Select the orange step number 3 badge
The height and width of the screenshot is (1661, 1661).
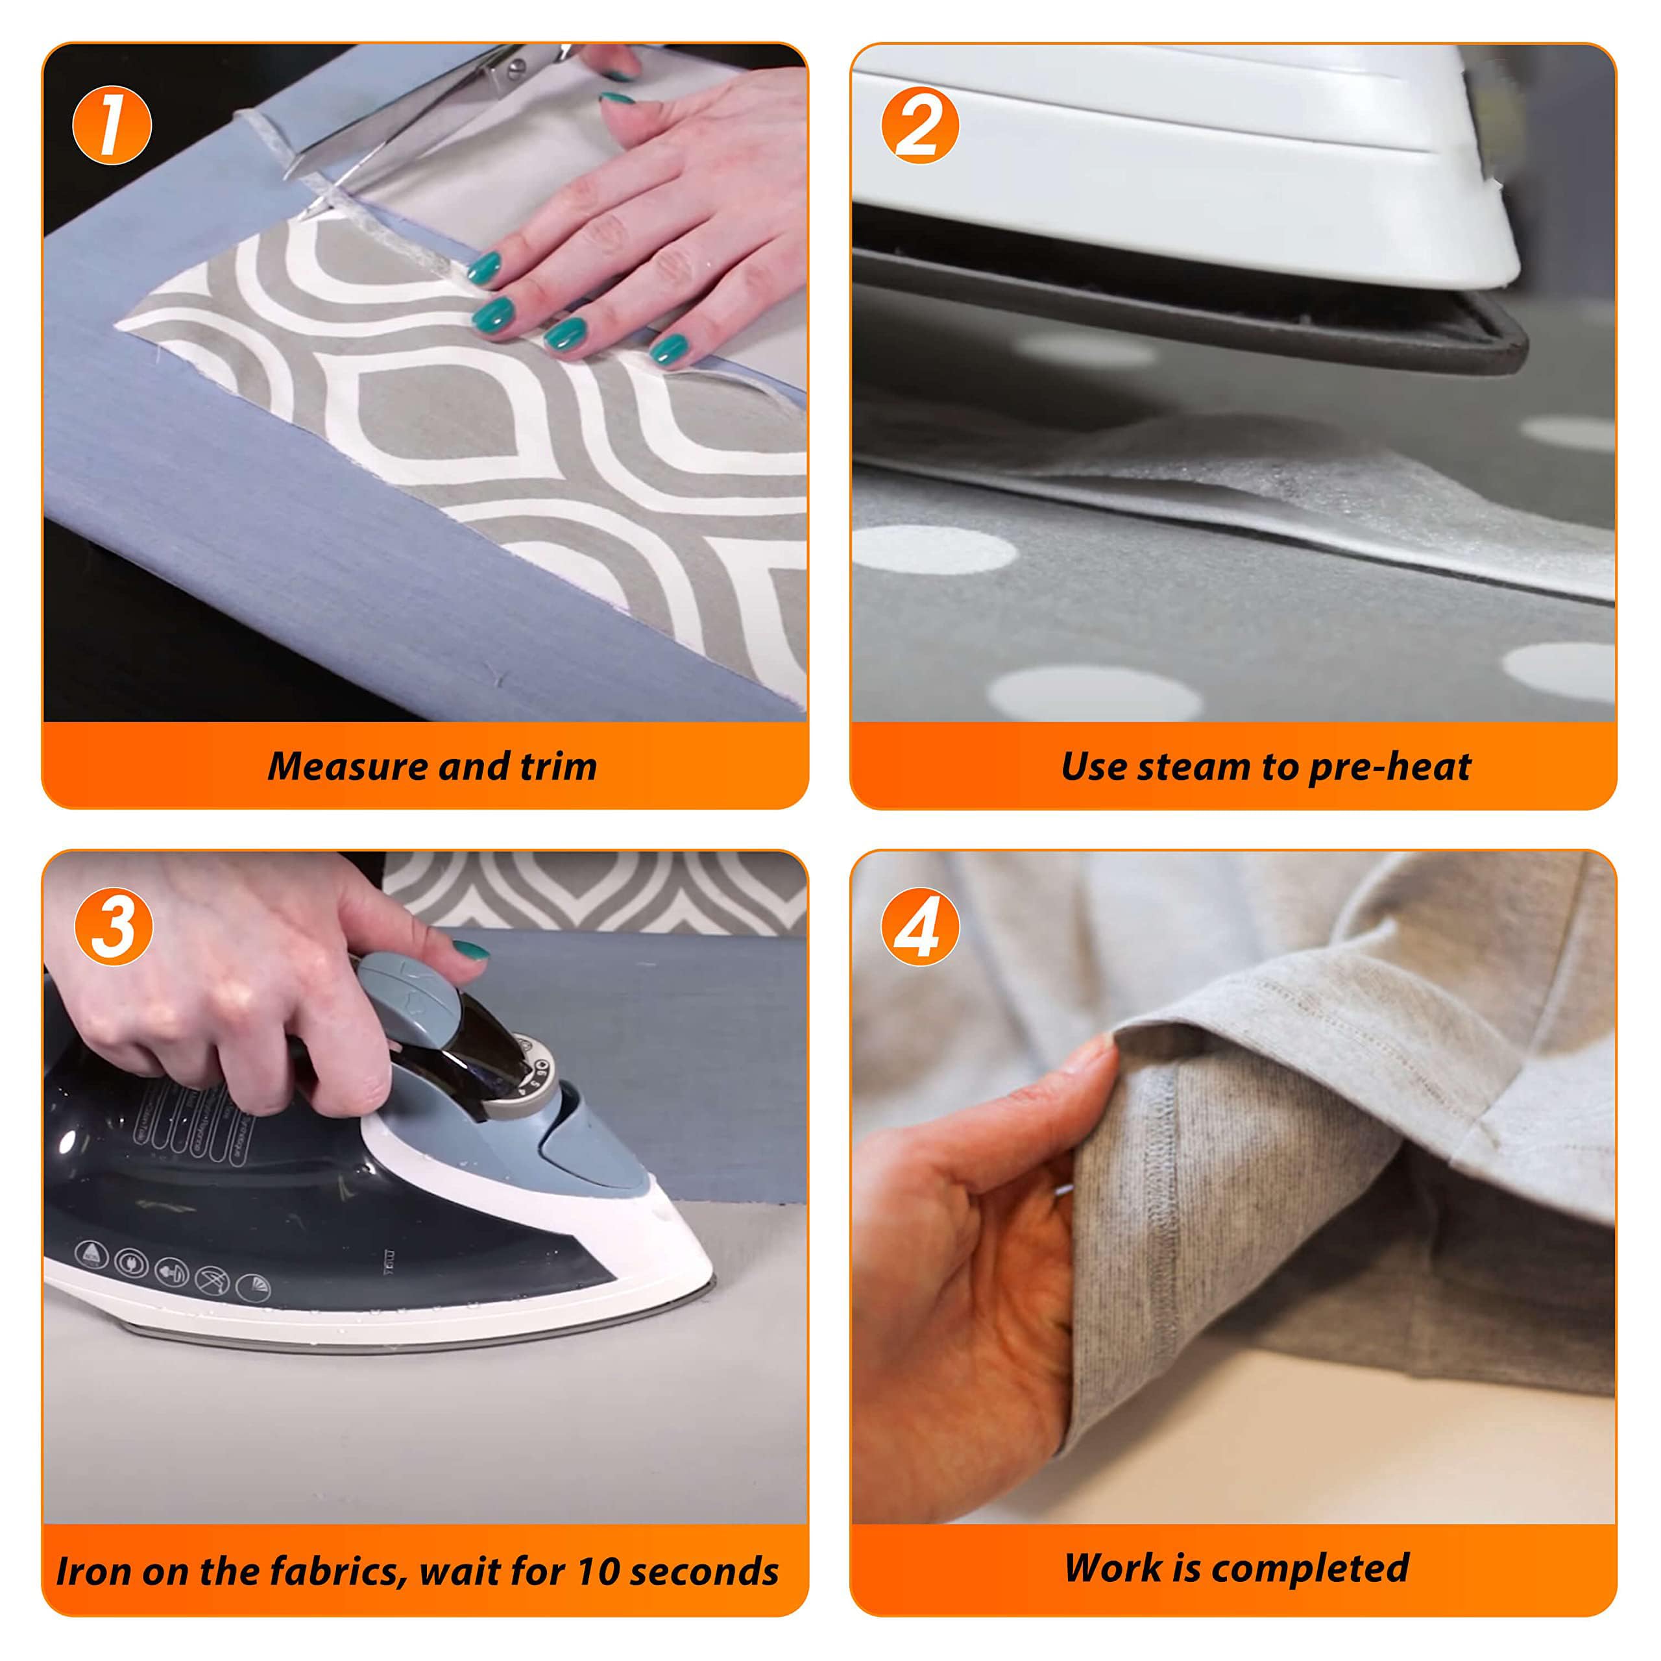pos(114,926)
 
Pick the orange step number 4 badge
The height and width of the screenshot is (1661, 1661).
pos(920,926)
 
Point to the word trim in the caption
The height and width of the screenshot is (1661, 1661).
pos(558,767)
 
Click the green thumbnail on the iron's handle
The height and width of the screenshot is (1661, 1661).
pos(470,950)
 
